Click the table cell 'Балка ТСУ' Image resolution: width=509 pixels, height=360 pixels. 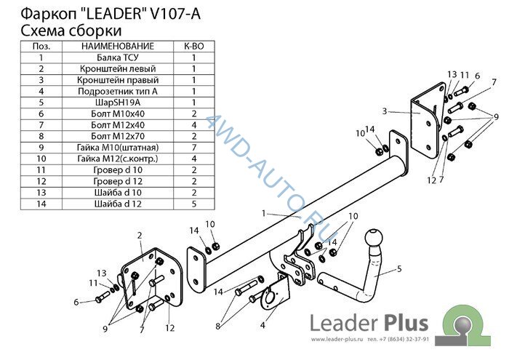pos(118,57)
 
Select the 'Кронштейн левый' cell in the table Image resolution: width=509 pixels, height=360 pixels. pos(118,69)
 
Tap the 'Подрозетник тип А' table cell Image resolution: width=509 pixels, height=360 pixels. pos(118,91)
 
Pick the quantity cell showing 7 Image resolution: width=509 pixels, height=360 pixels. pos(194,148)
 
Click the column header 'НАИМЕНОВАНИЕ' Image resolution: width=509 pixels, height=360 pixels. pos(118,46)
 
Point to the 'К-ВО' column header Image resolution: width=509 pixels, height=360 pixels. pos(194,46)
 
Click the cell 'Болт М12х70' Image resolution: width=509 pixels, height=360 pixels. pos(118,136)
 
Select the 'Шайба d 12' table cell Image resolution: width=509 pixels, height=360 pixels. pos(118,204)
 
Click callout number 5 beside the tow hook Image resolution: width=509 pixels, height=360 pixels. pos(399,269)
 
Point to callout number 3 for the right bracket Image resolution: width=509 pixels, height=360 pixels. pos(385,111)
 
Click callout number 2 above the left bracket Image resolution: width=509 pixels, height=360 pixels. pos(140,236)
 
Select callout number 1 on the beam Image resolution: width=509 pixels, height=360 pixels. pos(263,213)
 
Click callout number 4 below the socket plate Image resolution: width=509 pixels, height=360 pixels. pos(262,324)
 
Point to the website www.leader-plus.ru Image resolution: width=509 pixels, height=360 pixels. pos(337,340)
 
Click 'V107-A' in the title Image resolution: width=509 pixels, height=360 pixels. pos(176,14)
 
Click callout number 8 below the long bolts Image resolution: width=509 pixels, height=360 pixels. pos(218,326)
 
